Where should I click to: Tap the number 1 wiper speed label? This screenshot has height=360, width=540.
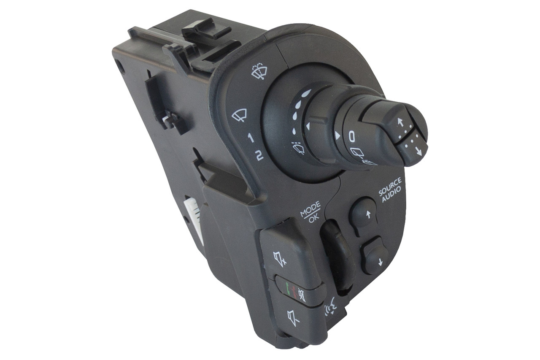(251, 138)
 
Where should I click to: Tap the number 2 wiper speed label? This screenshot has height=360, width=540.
(259, 156)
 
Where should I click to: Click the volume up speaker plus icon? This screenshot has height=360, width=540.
(280, 259)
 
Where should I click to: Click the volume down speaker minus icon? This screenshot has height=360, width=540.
(293, 318)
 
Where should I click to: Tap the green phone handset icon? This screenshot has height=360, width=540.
(288, 289)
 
